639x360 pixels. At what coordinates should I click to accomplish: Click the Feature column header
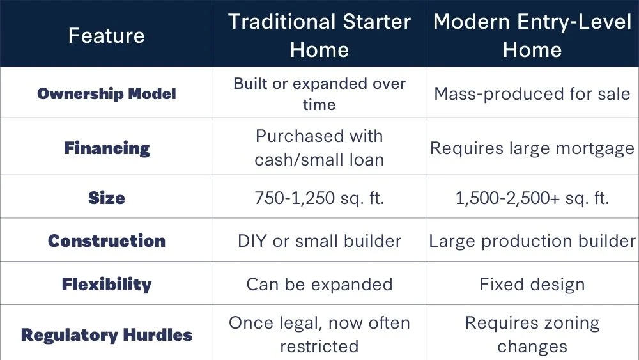click(106, 35)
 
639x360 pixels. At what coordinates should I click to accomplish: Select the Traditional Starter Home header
click(319, 35)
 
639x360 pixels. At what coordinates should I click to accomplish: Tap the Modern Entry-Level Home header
click(532, 35)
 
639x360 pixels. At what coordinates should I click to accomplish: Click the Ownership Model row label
click(106, 93)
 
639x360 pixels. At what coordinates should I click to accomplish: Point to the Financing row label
click(106, 148)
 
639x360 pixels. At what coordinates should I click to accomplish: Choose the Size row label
click(106, 198)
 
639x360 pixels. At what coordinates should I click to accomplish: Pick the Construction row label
click(106, 240)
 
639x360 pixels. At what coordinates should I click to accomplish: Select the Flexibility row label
click(106, 284)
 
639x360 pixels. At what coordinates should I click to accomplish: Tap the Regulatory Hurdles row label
click(106, 335)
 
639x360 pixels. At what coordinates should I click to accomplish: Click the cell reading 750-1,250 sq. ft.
click(319, 198)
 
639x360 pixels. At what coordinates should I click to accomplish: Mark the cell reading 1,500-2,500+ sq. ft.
click(532, 198)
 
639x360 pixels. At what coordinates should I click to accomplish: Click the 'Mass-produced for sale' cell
click(532, 94)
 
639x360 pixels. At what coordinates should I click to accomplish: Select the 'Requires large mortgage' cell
click(532, 148)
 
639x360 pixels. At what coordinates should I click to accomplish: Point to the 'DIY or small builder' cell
click(319, 241)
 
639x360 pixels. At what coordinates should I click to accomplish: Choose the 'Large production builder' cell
click(532, 241)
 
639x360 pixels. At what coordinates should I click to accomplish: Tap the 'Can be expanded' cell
click(319, 285)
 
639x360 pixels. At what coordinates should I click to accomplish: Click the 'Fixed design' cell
click(532, 285)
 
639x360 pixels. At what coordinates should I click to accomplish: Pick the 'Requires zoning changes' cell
click(532, 334)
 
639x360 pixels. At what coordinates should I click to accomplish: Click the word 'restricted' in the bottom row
click(319, 347)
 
